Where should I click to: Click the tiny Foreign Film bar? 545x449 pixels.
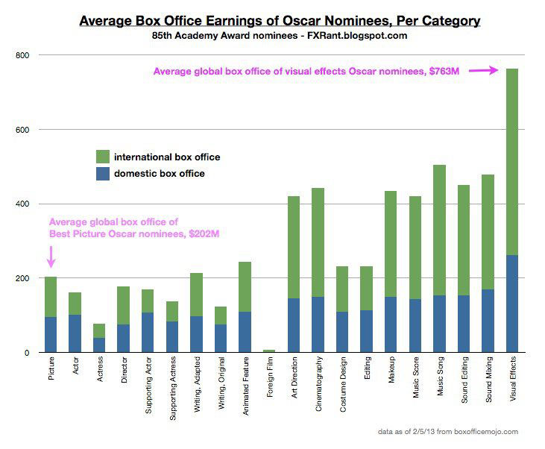[269, 351]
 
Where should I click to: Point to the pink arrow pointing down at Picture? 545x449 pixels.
[51, 257]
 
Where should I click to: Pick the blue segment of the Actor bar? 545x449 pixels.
[75, 333]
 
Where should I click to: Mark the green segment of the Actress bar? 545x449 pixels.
[100, 330]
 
